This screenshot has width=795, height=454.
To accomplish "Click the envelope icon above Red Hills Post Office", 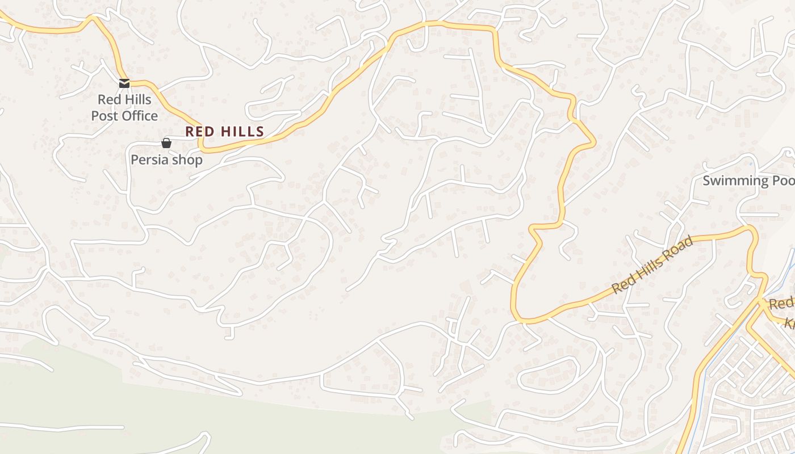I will pos(124,83).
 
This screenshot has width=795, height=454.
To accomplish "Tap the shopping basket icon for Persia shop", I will pos(166,143).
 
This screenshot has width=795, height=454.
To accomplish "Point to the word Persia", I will pos(150,160).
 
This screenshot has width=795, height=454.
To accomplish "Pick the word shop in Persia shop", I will pos(187,160).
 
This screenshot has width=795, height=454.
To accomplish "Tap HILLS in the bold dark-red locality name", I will pos(242,132).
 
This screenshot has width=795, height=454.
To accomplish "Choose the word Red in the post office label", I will pos(108,100).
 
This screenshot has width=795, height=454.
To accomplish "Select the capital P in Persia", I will pos(135,160).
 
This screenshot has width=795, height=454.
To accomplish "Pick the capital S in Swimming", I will pos(706,181).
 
